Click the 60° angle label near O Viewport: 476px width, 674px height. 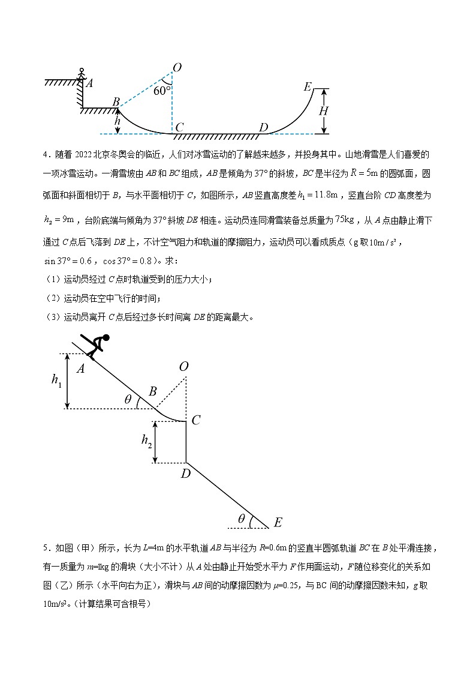162,91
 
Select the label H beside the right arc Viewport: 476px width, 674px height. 323,111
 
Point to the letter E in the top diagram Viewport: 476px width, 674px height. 308,87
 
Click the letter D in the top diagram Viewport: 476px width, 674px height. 263,127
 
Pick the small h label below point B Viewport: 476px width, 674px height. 117,121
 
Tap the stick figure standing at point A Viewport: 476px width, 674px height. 82,75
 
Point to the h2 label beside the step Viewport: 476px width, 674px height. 146,441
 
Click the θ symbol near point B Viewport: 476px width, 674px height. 128,400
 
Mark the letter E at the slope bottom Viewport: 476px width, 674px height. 278,523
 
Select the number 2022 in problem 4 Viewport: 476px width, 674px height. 88,155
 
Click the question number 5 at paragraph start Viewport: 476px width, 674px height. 46,547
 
